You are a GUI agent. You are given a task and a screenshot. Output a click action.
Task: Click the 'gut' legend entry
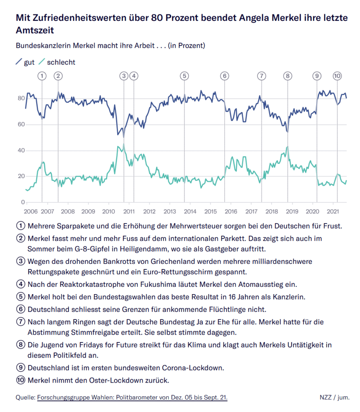(29, 62)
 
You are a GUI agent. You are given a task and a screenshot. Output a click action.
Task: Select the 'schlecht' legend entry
(61, 62)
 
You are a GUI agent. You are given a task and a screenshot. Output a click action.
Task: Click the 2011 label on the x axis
(129, 211)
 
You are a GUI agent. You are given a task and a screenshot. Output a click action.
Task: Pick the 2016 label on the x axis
(231, 211)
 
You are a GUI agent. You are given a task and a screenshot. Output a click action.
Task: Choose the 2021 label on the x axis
(333, 211)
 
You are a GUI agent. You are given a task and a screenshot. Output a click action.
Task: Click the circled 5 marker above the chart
(184, 76)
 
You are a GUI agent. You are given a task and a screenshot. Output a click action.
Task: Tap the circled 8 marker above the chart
(287, 76)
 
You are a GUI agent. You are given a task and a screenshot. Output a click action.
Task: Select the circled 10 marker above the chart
(337, 76)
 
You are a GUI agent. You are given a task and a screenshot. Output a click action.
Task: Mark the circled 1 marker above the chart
(42, 76)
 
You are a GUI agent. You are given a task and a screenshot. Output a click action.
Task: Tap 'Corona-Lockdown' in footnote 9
(194, 368)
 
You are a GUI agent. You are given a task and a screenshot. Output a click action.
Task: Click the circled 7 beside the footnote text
(21, 322)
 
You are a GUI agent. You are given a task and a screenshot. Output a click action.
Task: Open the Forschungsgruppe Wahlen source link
(132, 398)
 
